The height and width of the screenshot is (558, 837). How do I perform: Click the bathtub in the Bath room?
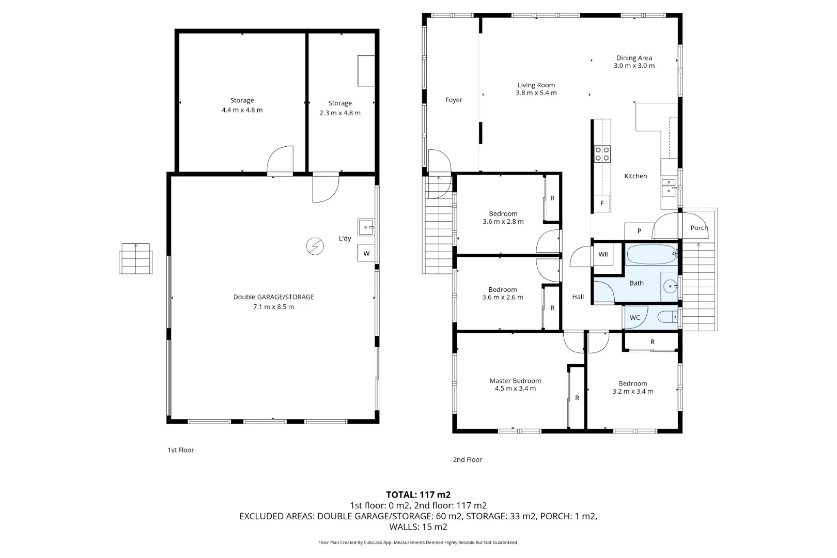tap(651, 255)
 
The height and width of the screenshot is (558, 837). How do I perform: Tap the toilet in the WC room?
tap(667, 317)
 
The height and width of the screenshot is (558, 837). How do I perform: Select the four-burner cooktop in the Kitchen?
tap(602, 154)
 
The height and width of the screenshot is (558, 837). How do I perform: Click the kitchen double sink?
tap(669, 187)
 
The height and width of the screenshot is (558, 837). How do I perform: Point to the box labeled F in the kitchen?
tap(602, 204)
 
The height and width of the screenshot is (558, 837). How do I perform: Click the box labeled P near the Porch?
tap(639, 231)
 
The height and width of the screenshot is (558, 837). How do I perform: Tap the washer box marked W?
tap(366, 253)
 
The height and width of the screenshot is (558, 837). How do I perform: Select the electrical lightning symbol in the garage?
tap(315, 246)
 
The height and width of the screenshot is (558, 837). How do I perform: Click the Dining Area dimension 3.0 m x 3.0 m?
tap(634, 66)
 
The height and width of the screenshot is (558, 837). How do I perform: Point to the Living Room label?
tap(536, 85)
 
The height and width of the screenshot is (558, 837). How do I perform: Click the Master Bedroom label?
tap(515, 381)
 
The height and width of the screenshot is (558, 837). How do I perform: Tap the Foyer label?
tap(454, 100)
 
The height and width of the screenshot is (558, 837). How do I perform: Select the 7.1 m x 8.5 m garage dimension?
tap(273, 307)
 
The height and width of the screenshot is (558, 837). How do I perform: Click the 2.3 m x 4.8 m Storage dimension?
tap(340, 113)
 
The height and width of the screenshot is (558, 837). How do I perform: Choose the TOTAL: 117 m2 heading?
tap(418, 495)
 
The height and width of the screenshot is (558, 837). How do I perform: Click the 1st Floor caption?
tap(181, 450)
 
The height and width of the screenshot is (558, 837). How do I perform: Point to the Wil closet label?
tap(603, 254)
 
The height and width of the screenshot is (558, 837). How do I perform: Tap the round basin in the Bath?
tap(670, 286)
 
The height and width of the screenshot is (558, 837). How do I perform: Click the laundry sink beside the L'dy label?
tap(366, 227)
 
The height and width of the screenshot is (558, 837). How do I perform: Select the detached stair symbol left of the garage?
tap(136, 258)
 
